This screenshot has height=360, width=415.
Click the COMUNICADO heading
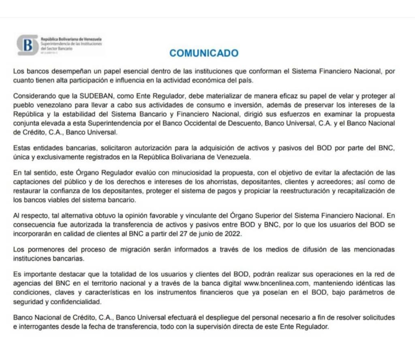(204, 53)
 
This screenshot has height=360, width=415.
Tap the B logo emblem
(28, 45)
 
